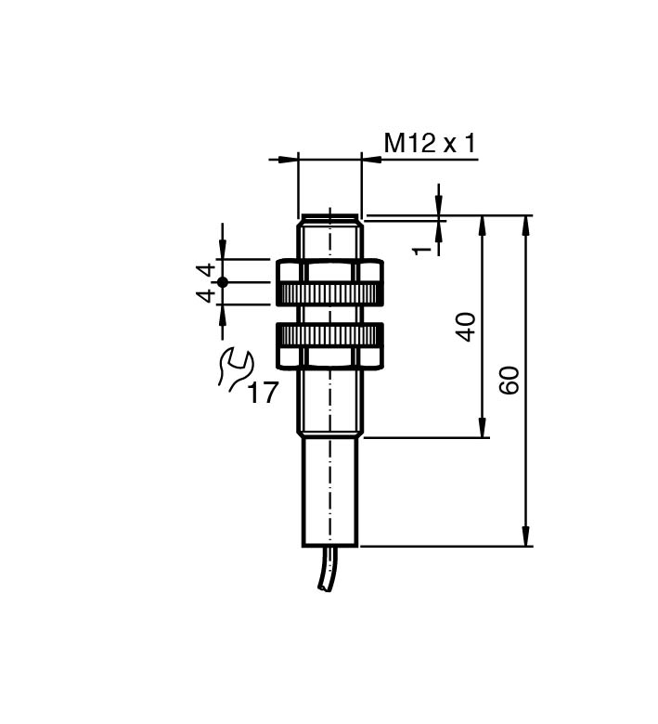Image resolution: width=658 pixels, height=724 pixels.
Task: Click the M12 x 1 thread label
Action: [x=430, y=143]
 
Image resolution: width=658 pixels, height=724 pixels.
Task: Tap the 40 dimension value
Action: [x=467, y=327]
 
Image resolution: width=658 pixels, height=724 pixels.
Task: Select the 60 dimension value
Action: [x=510, y=381]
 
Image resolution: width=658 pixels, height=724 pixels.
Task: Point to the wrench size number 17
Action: [x=264, y=393]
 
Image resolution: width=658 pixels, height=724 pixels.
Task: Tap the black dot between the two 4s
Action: [x=223, y=282]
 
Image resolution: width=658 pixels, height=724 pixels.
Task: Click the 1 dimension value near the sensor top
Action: [x=421, y=251]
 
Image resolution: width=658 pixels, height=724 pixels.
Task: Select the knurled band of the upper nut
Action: [x=329, y=292]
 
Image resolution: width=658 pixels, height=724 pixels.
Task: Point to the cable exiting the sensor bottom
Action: [x=327, y=568]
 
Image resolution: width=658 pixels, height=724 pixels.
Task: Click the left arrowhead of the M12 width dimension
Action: [x=289, y=160]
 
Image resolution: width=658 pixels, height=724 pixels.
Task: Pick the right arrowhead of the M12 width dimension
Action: [x=371, y=160]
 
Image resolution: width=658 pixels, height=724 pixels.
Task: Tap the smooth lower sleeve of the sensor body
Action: [x=329, y=492]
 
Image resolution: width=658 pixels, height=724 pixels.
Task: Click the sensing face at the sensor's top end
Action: [x=329, y=215]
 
